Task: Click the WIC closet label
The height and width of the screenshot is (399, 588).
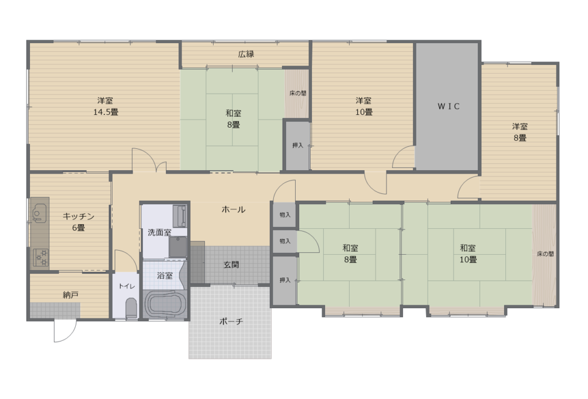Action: coord(448,106)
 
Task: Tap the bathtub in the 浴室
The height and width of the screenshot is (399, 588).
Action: coord(165,304)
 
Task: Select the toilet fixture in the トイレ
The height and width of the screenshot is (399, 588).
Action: coord(131,308)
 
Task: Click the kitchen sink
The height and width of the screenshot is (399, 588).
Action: coord(39,213)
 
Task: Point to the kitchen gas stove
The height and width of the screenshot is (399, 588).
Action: coord(40,258)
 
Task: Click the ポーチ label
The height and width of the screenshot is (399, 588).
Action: coord(231,321)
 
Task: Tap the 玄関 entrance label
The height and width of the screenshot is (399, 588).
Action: coord(231,264)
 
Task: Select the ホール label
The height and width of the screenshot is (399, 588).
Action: coord(233,209)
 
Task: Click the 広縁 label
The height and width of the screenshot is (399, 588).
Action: coord(246,54)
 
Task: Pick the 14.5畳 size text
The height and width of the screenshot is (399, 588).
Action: coord(106,112)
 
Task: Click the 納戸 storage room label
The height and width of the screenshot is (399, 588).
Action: coord(71,295)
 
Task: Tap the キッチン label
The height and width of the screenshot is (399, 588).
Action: coord(78,216)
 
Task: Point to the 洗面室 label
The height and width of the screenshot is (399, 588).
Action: coord(160,232)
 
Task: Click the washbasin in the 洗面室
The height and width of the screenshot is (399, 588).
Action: coord(177,246)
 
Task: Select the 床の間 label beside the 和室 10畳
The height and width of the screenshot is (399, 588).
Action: coord(546,254)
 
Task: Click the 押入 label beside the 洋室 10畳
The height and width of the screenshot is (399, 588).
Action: coord(298,145)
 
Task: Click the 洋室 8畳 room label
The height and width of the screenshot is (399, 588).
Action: coord(520,132)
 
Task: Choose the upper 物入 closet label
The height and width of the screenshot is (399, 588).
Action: coord(285,215)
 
